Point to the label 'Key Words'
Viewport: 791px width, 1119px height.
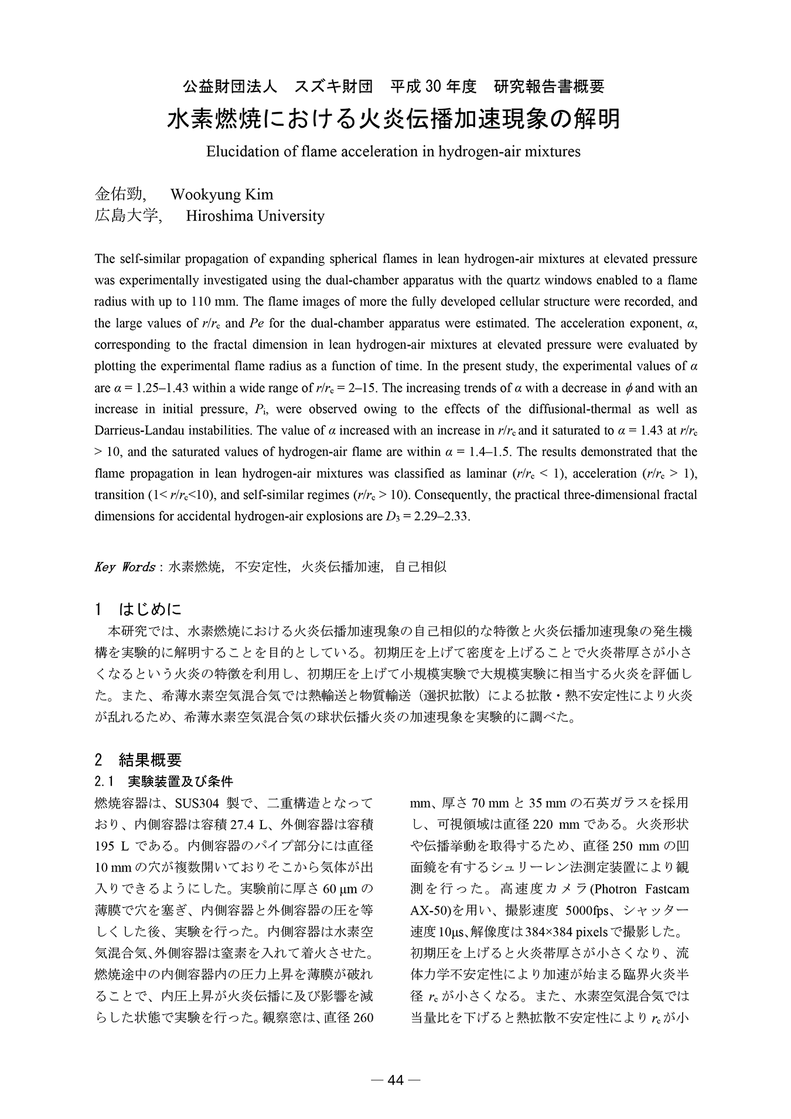124,567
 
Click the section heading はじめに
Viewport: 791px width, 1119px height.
151,610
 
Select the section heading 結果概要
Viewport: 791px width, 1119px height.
151,760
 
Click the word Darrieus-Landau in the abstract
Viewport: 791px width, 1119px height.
133,431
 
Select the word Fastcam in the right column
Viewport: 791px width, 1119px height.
666,889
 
